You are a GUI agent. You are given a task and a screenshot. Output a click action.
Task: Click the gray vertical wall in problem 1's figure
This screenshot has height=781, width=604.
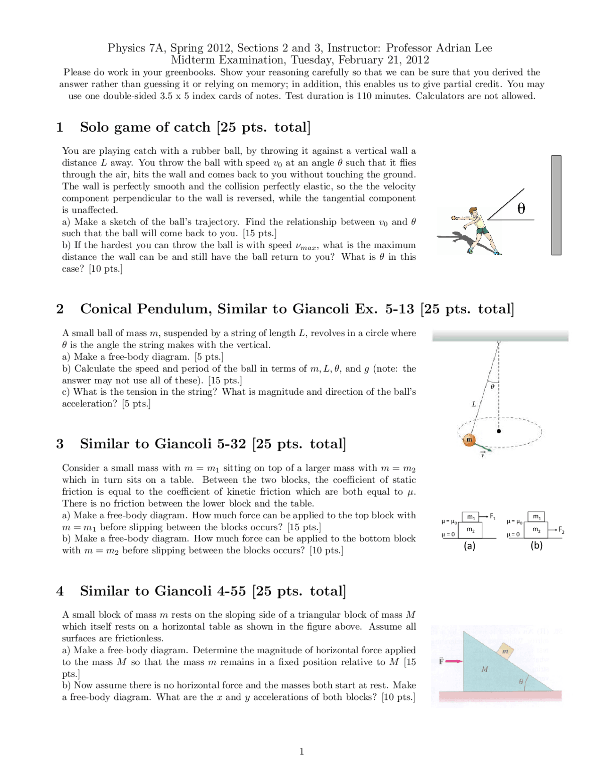tap(556, 205)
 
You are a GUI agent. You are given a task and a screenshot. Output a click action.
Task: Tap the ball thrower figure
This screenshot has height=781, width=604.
tap(477, 230)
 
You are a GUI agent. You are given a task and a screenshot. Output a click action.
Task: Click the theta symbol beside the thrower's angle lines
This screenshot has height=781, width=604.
tap(521, 208)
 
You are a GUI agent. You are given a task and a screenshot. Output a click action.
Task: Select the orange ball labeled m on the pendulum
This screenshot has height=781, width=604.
tap(469, 440)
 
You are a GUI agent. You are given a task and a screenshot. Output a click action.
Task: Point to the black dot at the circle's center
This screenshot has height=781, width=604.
tap(499, 431)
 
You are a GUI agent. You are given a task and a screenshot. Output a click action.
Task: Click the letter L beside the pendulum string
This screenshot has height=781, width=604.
tap(474, 404)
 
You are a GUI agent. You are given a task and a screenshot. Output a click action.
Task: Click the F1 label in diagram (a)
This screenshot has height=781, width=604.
tap(493, 516)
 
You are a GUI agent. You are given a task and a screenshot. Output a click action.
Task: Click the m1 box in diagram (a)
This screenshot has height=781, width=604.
tap(470, 517)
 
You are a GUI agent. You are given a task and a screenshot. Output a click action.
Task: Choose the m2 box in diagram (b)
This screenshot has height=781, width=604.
tap(536, 530)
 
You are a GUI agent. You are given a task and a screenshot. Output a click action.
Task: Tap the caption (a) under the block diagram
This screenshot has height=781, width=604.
tap(470, 546)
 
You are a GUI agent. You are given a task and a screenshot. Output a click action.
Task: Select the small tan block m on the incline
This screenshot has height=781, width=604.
tap(505, 651)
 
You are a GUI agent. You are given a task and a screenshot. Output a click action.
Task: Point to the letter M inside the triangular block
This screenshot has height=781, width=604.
tap(485, 669)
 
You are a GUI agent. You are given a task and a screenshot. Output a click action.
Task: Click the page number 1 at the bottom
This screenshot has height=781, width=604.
tap(302, 751)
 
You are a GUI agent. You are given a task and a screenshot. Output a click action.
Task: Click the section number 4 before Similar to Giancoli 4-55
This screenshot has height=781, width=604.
tap(60, 591)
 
